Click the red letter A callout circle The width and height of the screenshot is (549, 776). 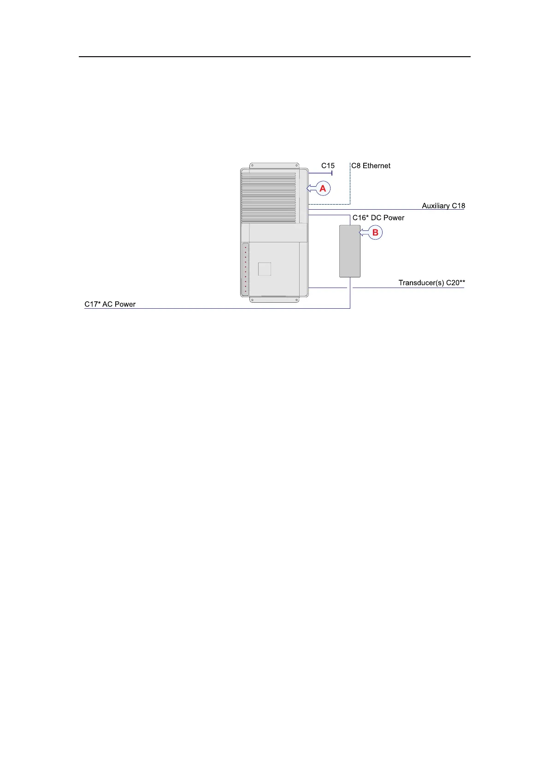click(323, 188)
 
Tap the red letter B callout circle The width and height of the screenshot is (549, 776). click(375, 233)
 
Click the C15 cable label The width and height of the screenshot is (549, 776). click(328, 166)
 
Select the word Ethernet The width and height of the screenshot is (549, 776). click(377, 166)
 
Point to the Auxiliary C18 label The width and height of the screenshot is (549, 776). click(443, 206)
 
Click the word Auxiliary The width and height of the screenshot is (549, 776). click(436, 206)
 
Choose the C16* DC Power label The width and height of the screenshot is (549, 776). click(378, 218)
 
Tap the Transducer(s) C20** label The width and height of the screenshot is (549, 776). click(431, 283)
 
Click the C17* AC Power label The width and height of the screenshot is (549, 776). click(110, 305)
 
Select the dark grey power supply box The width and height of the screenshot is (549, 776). click(349, 251)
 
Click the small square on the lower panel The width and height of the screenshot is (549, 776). click(265, 269)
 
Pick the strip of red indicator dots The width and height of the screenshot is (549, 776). click(245, 270)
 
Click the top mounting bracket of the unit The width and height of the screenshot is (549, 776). click(274, 165)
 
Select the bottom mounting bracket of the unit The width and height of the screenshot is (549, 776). click(274, 300)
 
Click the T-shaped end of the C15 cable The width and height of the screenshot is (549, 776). click(332, 173)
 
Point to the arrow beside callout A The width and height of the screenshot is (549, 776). click(312, 188)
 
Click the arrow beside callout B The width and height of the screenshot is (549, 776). click(364, 233)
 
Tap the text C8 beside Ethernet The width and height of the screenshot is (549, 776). click(356, 166)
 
